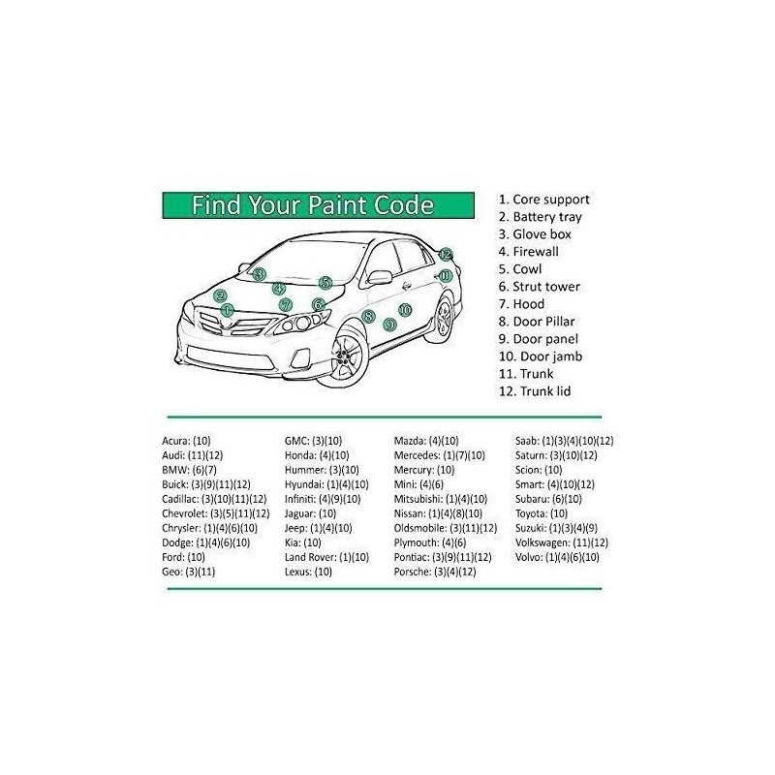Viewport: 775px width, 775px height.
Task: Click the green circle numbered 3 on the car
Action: click(259, 274)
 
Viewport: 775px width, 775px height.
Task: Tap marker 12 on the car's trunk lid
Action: click(445, 255)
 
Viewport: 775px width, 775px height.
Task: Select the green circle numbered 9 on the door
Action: click(389, 325)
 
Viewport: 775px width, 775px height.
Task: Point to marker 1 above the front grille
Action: click(228, 310)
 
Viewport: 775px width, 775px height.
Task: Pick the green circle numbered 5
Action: click(325, 283)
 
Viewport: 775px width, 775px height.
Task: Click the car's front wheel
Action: click(346, 356)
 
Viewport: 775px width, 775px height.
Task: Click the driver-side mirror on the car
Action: click(378, 277)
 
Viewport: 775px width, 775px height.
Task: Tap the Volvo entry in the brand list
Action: click(557, 557)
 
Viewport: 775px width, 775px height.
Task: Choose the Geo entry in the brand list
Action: click(188, 572)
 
